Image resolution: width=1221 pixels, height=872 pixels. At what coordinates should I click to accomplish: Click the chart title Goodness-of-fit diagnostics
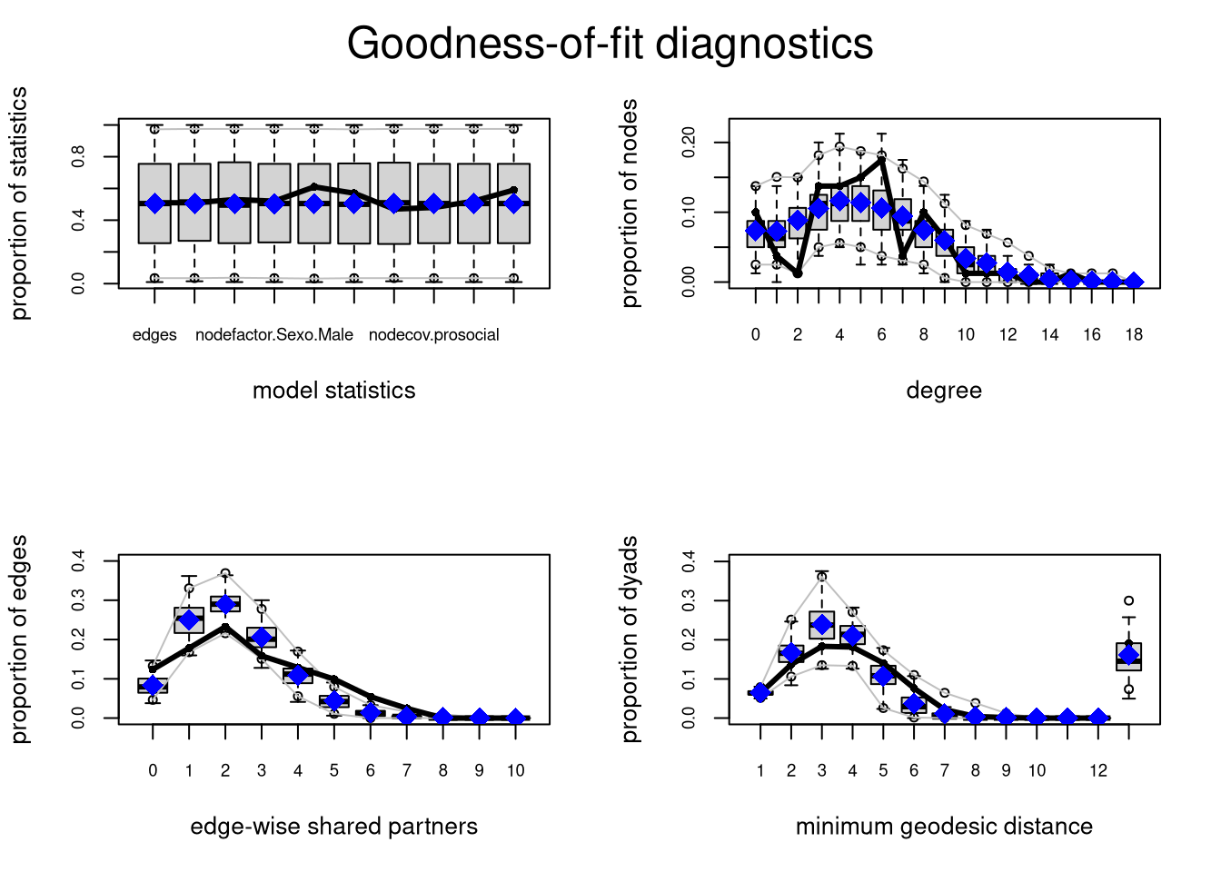coord(610,44)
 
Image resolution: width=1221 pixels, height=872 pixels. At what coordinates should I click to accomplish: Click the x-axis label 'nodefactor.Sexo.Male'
coord(274,335)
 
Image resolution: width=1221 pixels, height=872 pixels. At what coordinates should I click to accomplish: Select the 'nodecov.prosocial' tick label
coord(433,335)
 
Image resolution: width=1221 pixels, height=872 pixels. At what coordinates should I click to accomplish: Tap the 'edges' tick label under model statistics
coord(154,335)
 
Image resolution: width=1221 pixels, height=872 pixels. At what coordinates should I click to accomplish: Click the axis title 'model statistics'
coord(333,391)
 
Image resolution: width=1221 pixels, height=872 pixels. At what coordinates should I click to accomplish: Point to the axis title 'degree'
coord(944,391)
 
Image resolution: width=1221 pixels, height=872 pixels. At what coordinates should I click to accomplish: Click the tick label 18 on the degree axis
coord(1133,335)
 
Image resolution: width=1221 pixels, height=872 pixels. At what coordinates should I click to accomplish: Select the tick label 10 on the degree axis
coord(965,335)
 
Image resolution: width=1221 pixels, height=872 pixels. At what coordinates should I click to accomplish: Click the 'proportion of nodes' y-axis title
coord(630,203)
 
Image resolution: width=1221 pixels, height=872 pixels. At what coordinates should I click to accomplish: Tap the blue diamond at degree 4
coord(839,201)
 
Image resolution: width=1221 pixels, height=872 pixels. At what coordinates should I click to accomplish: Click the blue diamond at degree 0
coord(756,232)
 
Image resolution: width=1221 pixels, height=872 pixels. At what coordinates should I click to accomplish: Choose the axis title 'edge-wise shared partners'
coord(333,827)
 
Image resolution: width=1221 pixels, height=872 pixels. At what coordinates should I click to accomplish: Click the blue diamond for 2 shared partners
coord(225,604)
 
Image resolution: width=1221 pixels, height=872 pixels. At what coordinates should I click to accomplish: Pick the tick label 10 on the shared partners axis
coord(515,771)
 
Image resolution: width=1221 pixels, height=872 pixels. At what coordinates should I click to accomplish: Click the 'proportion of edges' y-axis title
coord(19,639)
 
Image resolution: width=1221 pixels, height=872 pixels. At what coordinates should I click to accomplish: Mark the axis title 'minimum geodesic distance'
coord(944,827)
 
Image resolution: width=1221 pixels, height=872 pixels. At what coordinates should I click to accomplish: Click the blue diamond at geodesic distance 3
coord(822,625)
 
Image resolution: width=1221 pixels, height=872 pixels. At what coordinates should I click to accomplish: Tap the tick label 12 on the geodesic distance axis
coord(1098,771)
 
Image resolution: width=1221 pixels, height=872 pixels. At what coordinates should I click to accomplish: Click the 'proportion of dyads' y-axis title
coord(630,639)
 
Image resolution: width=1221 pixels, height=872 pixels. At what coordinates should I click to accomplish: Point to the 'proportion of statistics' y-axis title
coord(19,203)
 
